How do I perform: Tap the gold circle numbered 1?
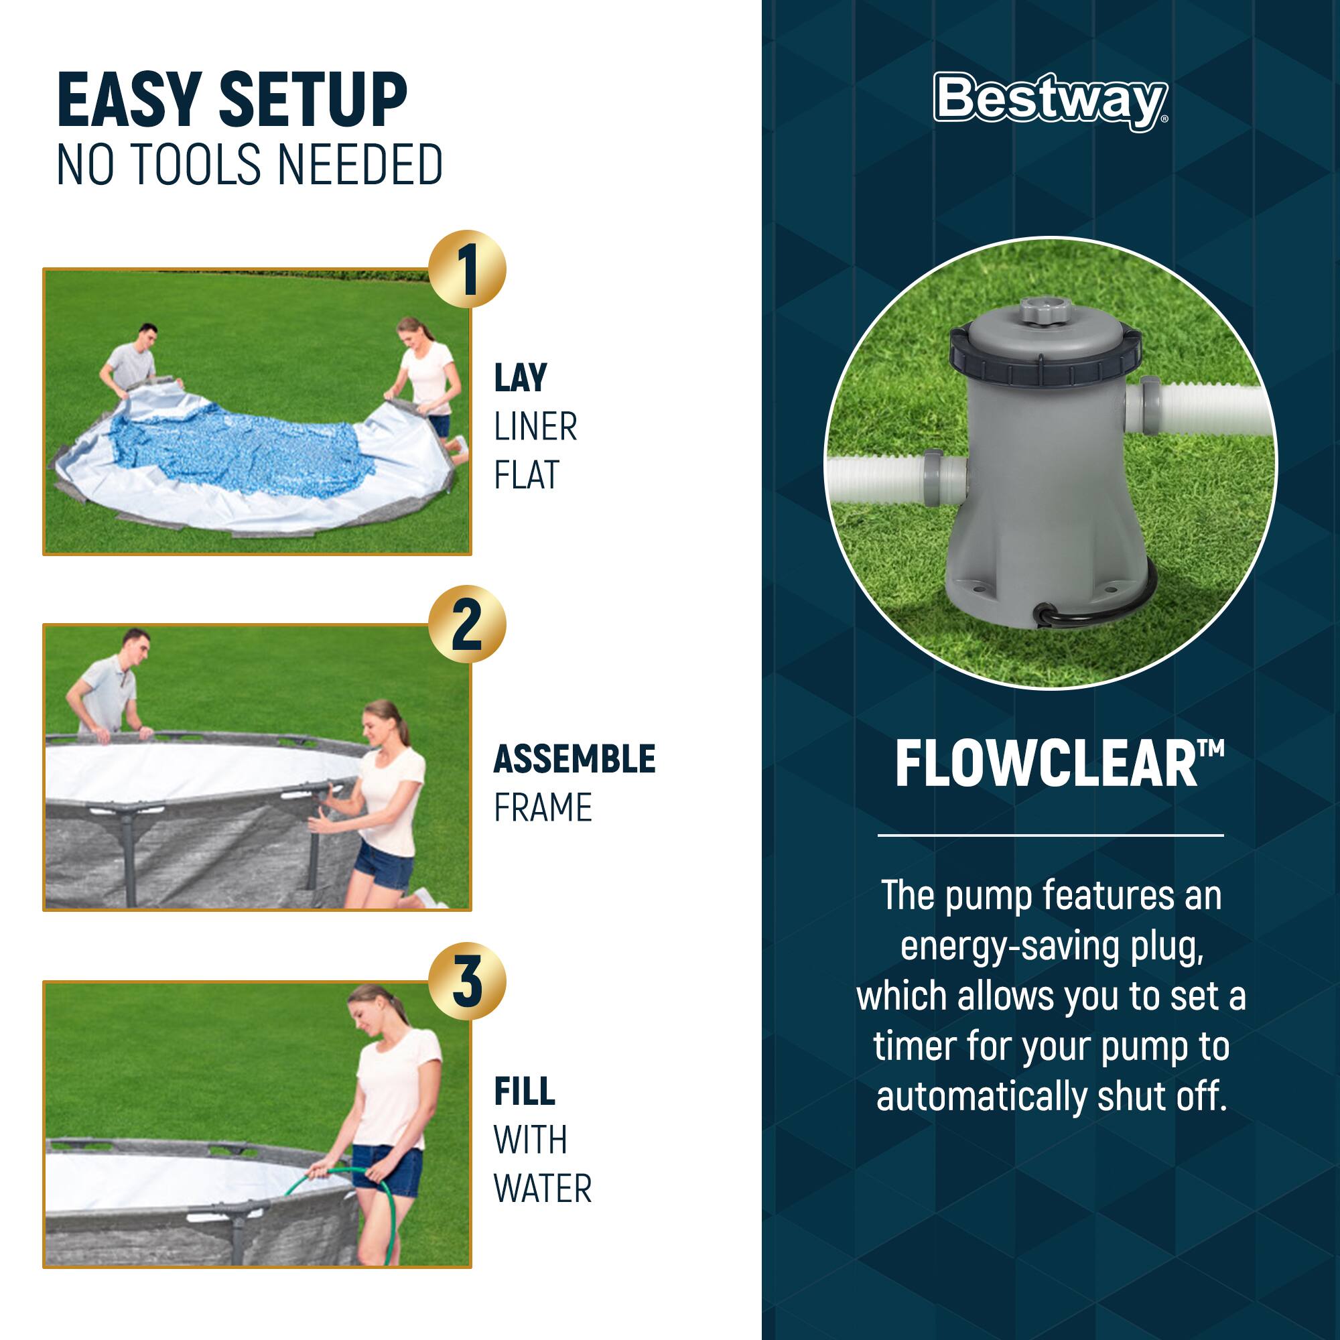pyautogui.click(x=467, y=269)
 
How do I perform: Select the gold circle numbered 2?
pyautogui.click(x=467, y=624)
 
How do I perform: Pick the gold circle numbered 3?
pyautogui.click(x=467, y=981)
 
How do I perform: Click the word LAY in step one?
pyautogui.click(x=520, y=378)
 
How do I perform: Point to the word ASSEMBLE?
pyautogui.click(x=574, y=759)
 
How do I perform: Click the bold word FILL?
pyautogui.click(x=525, y=1091)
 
